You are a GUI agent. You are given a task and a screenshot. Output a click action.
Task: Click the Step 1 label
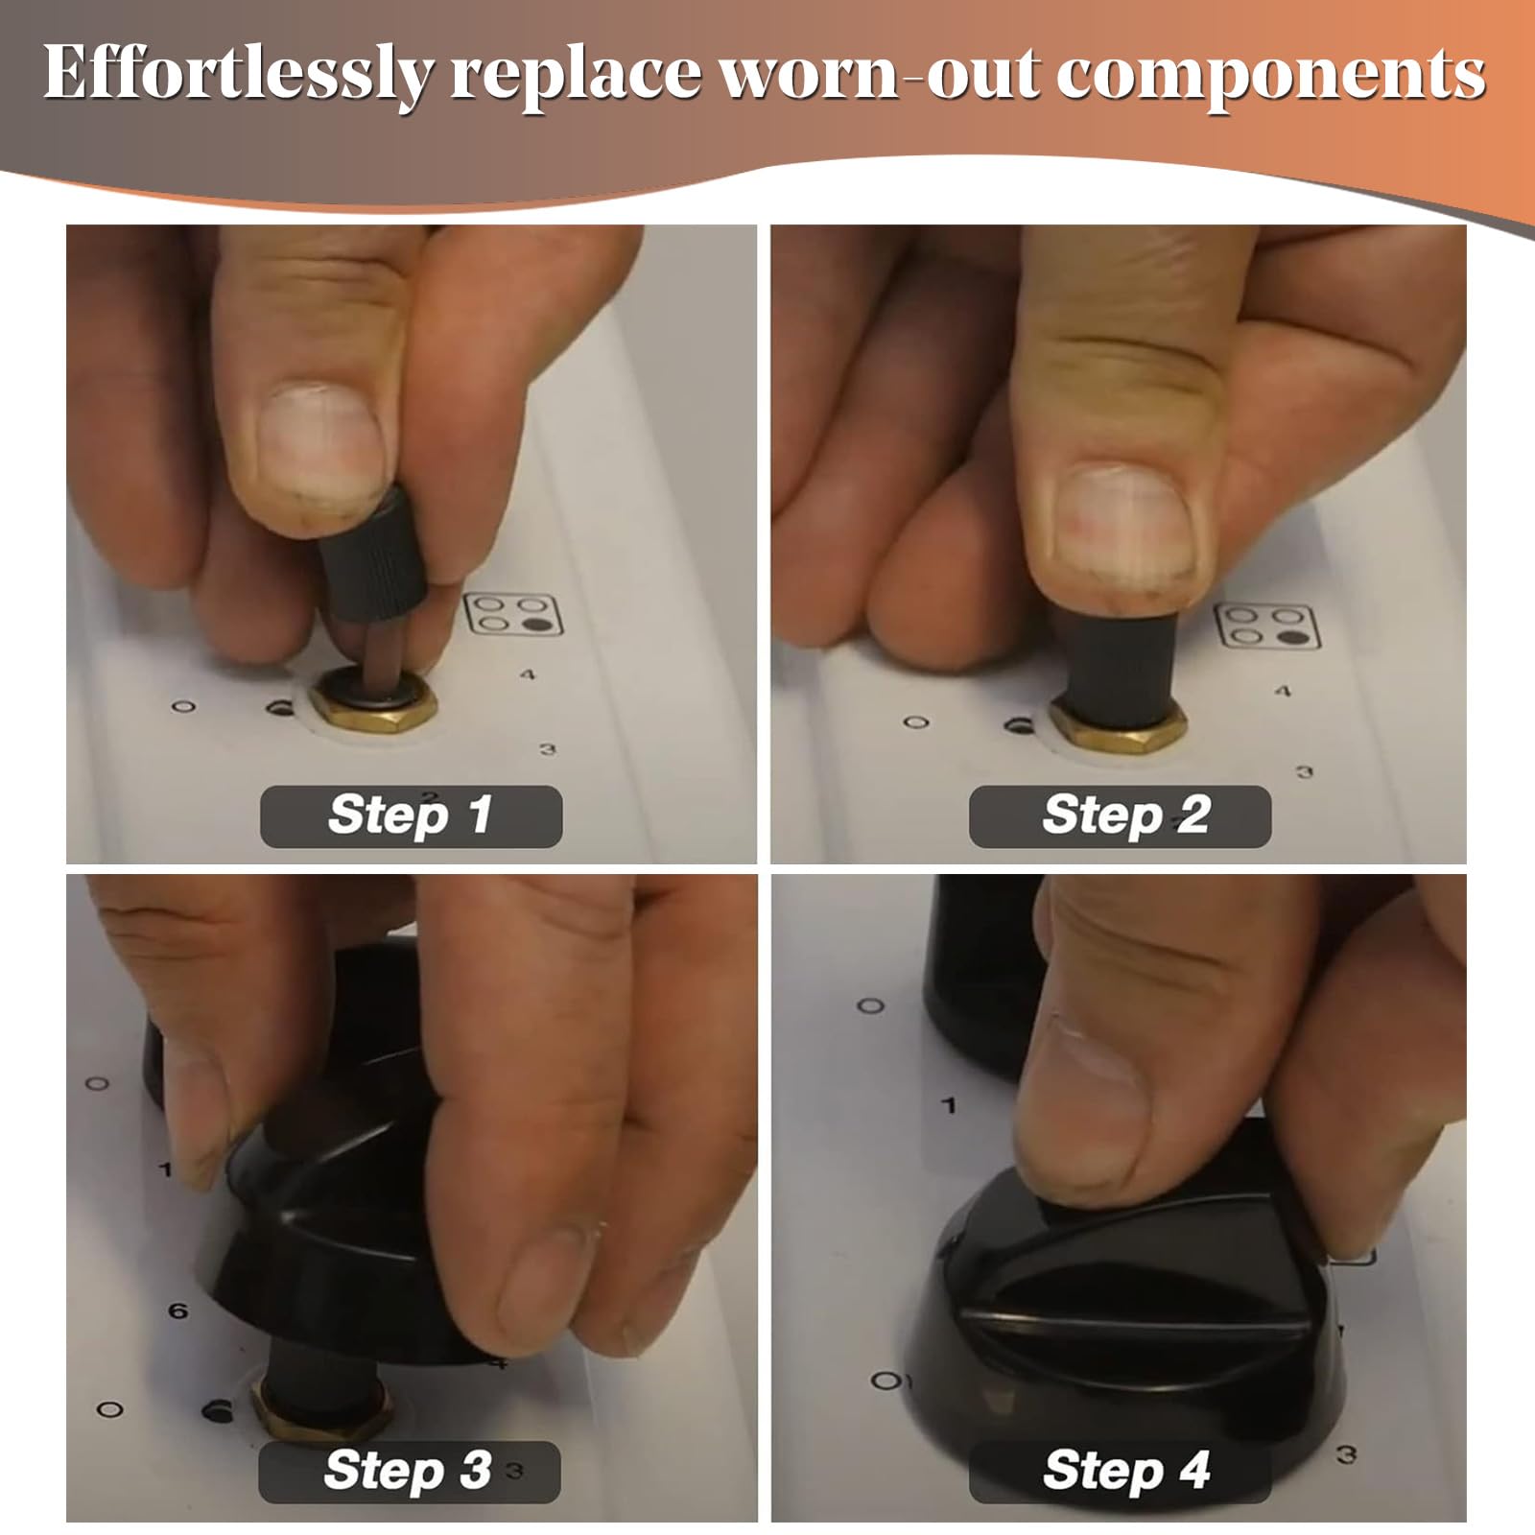coord(411,815)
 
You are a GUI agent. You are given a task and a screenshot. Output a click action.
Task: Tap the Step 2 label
coord(1120,815)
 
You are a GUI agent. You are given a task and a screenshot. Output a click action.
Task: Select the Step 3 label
coord(410,1471)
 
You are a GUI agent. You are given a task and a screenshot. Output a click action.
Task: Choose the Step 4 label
coord(1120,1471)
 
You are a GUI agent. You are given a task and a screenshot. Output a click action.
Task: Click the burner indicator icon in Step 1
coord(512,614)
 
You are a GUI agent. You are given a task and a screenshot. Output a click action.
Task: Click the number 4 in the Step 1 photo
coord(528,674)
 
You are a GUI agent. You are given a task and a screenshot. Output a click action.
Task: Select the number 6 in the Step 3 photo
coord(178,1311)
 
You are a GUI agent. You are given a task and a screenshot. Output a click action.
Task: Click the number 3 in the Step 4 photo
coord(1347,1456)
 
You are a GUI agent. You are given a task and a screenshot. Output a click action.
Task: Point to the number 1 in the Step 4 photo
coord(949,1106)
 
